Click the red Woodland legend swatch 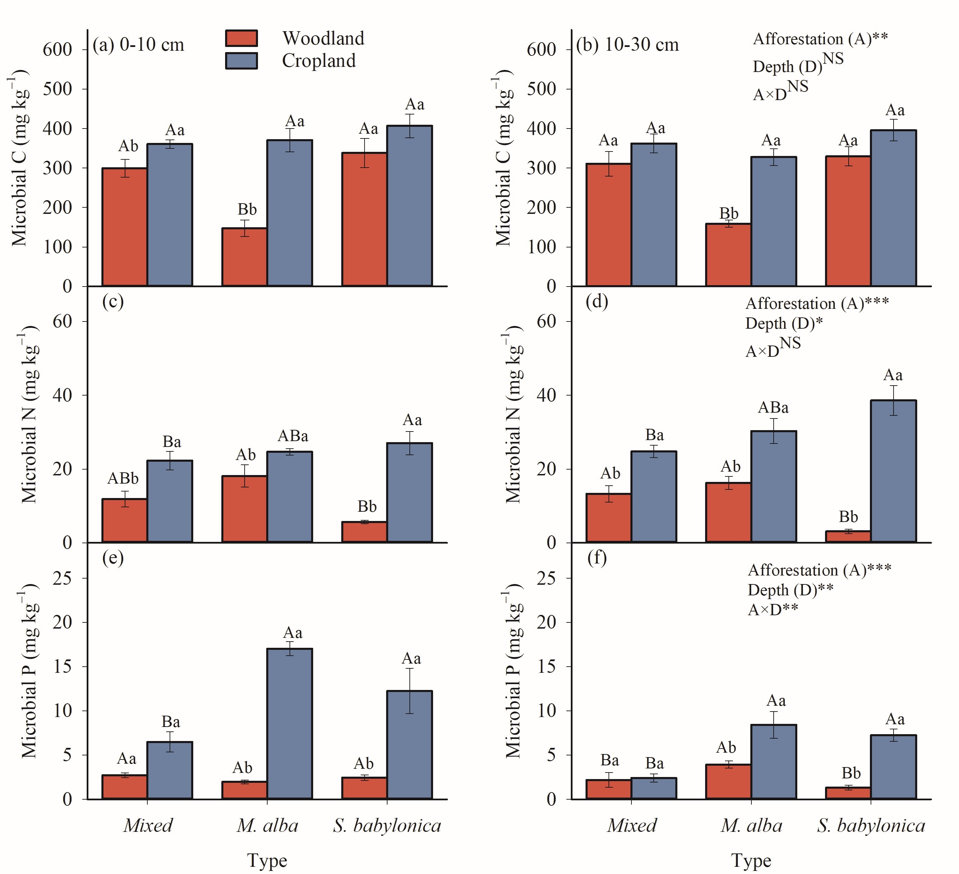pos(241,38)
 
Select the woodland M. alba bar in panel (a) pos(245,257)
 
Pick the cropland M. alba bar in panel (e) pos(290,724)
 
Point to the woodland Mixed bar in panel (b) pos(608,224)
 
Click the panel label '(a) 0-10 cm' pos(138,45)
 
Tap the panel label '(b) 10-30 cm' pos(627,45)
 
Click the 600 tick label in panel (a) pos(58,49)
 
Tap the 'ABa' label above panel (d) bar pos(773,408)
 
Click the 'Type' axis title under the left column pos(267,861)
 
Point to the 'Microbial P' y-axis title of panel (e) pos(29,670)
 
